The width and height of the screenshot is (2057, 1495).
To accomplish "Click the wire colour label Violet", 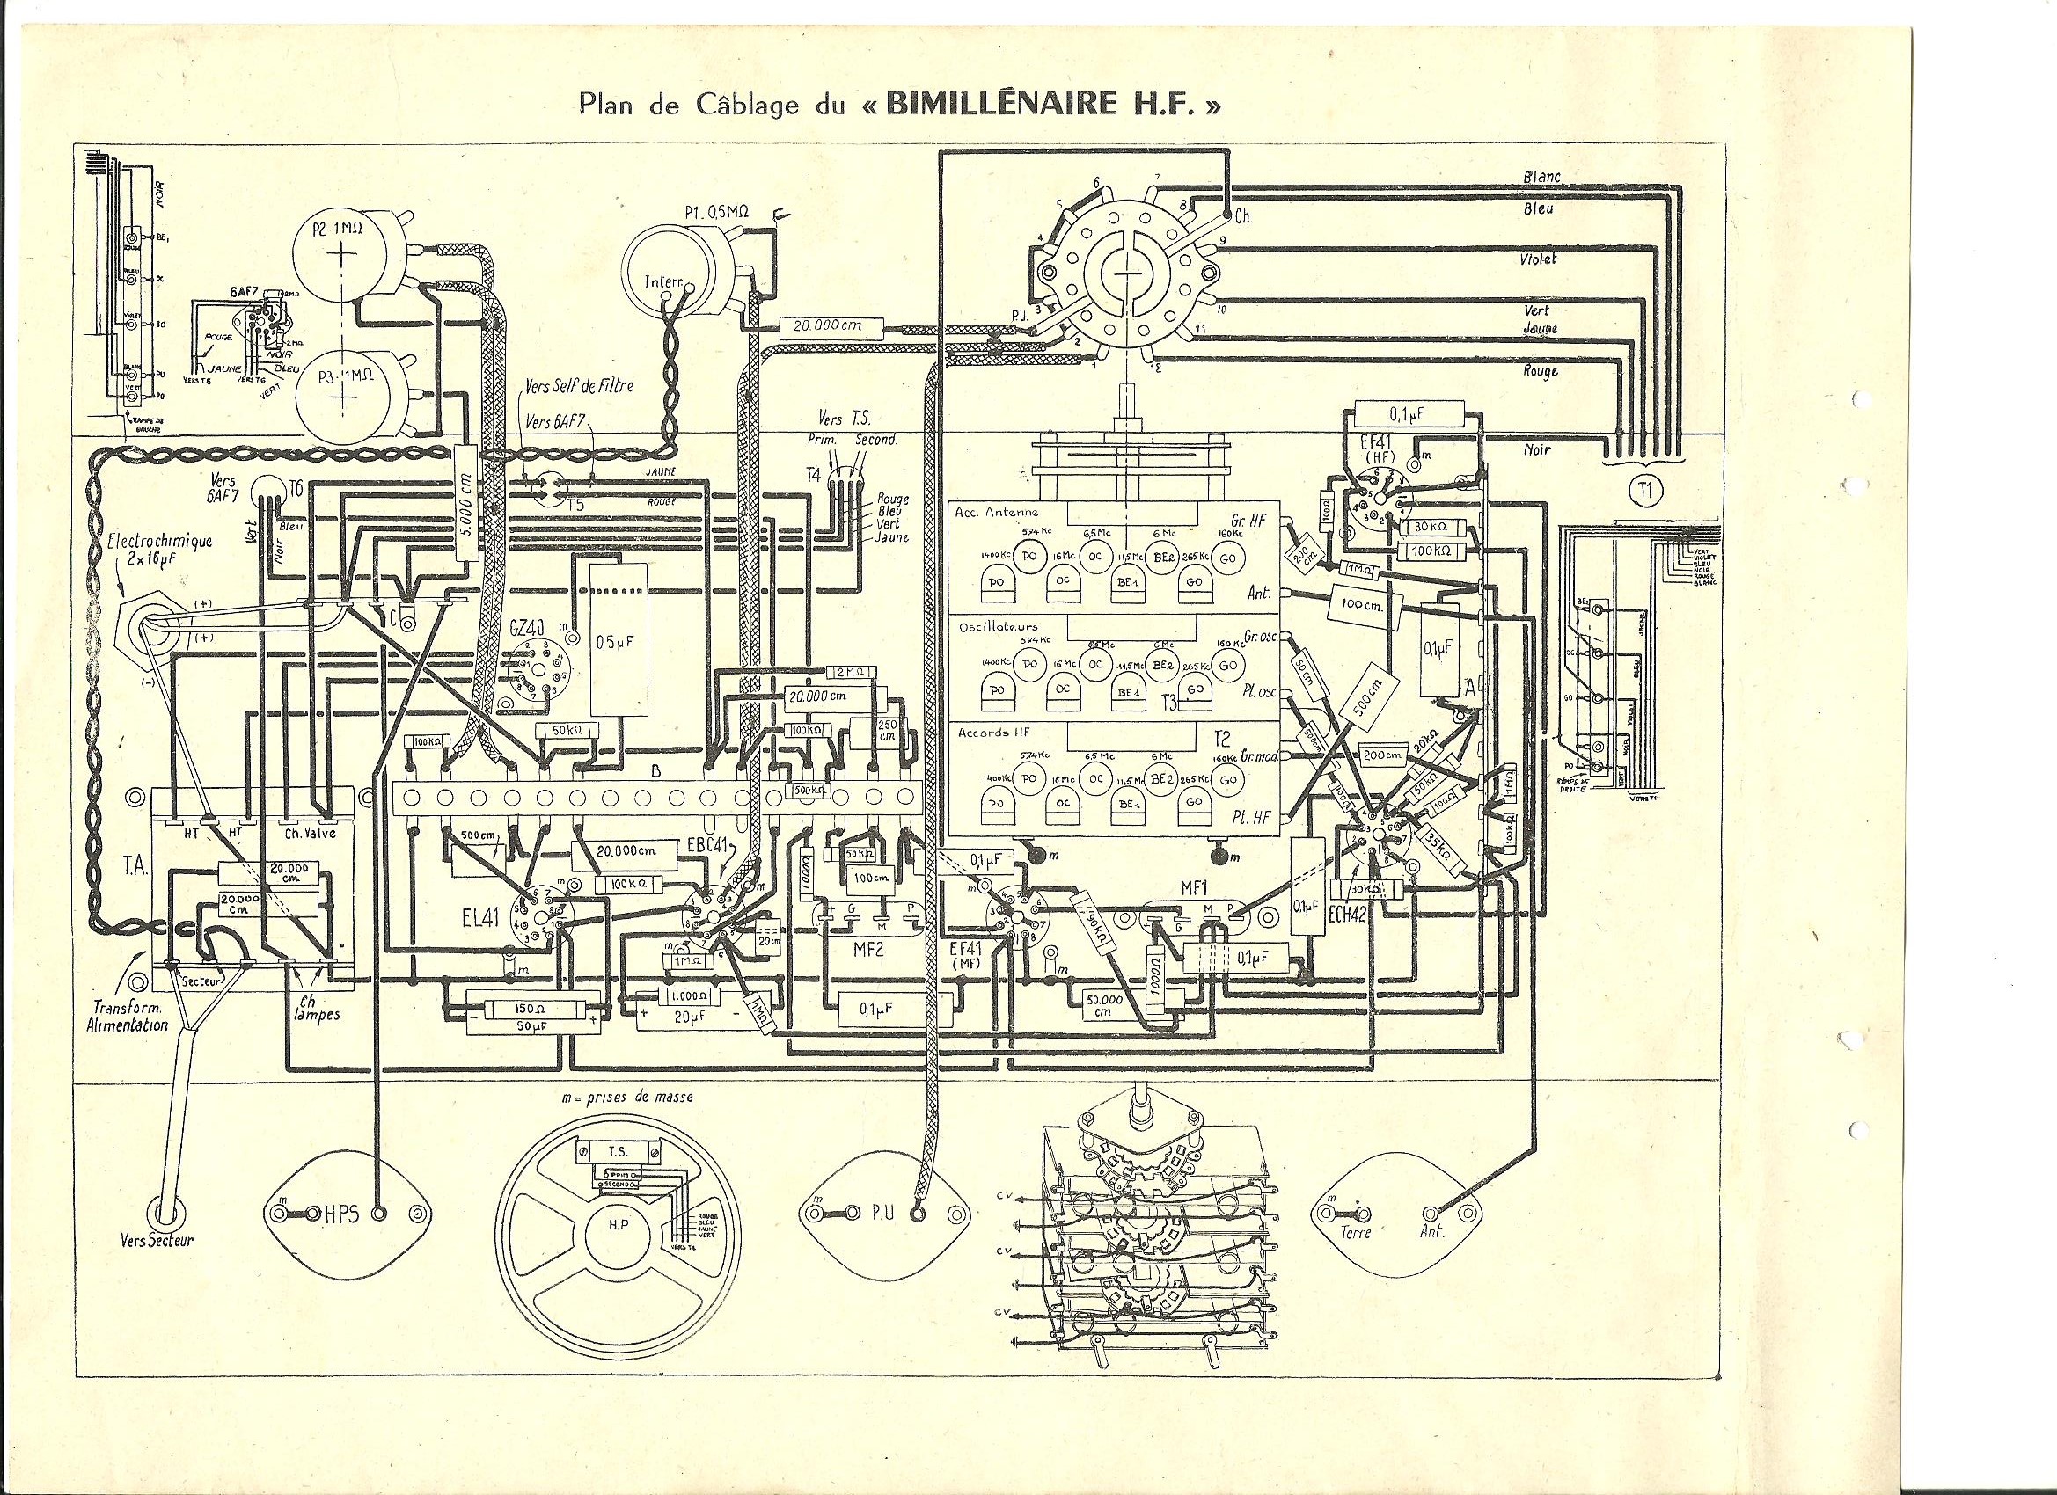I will coord(1538,259).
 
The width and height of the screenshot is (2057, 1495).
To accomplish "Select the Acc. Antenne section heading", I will coord(995,512).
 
